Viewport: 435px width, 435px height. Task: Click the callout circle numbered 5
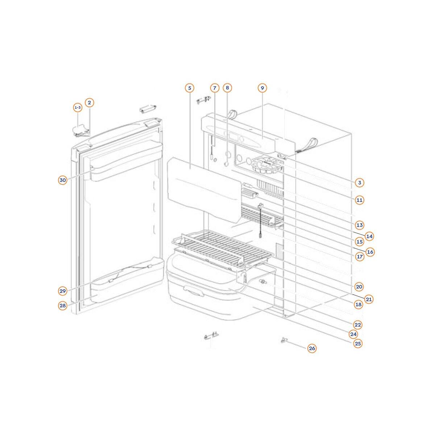click(x=190, y=88)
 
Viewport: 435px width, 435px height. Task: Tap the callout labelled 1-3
click(x=78, y=108)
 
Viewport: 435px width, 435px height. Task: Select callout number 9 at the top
click(x=262, y=88)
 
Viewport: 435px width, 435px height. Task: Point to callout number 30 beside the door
click(x=62, y=180)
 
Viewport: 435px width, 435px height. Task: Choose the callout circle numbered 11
click(x=359, y=200)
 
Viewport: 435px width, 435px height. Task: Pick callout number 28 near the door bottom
click(x=62, y=306)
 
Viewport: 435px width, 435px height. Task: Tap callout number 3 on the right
click(x=360, y=182)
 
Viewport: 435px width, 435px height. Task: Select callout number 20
click(x=359, y=287)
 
